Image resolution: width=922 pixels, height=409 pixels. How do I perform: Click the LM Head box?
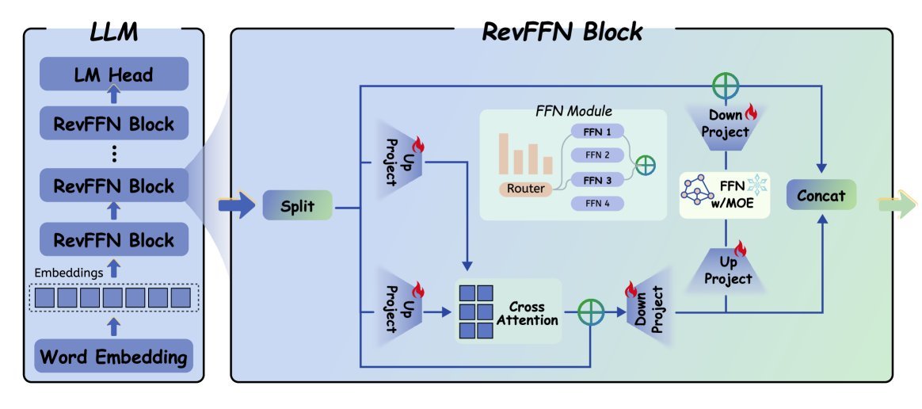tap(115, 75)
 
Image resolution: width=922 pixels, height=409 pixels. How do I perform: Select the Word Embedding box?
tap(115, 357)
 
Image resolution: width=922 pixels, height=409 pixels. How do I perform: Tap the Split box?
tap(298, 208)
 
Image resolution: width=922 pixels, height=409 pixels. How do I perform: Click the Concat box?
tap(821, 195)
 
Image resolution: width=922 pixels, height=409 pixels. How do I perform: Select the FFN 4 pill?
tap(597, 204)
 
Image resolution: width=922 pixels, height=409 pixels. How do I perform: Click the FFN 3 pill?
tap(597, 180)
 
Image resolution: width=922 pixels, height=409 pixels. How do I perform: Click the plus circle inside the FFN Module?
tap(646, 165)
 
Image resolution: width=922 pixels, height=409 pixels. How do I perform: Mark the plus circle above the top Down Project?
tap(726, 85)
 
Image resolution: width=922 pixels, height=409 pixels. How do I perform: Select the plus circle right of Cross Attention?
tap(591, 311)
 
